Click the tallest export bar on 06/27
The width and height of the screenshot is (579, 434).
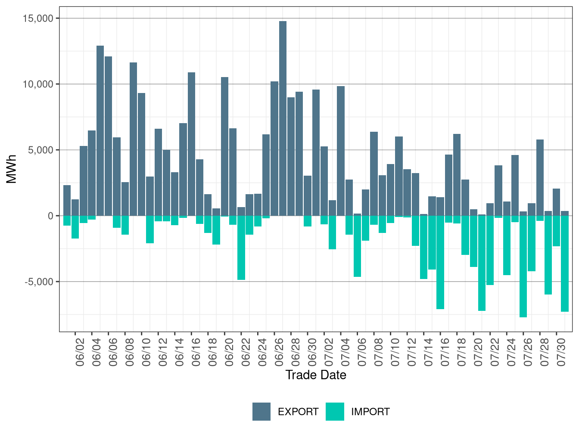[283, 118]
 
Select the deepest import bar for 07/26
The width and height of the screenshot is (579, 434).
[523, 267]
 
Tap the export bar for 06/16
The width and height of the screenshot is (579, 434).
[192, 144]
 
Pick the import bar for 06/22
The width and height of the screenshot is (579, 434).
[241, 248]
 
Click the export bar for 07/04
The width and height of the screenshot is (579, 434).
[341, 151]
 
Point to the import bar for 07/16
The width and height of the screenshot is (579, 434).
[440, 263]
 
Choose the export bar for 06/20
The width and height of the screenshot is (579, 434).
[225, 146]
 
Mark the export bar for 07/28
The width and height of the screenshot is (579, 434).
[540, 178]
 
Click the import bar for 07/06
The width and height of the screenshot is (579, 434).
[358, 246]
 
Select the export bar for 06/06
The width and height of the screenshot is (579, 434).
[109, 136]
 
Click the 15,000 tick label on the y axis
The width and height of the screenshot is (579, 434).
[38, 19]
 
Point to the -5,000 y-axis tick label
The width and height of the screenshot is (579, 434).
[39, 282]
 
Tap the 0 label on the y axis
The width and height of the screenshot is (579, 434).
[51, 216]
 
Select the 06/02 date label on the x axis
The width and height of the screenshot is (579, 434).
[80, 352]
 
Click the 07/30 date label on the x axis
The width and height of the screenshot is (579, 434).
[561, 352]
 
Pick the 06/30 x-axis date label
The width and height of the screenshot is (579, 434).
[312, 352]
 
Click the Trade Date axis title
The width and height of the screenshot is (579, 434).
[316, 375]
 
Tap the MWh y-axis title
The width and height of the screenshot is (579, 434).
[11, 169]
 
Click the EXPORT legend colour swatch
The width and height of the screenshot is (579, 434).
[261, 412]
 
